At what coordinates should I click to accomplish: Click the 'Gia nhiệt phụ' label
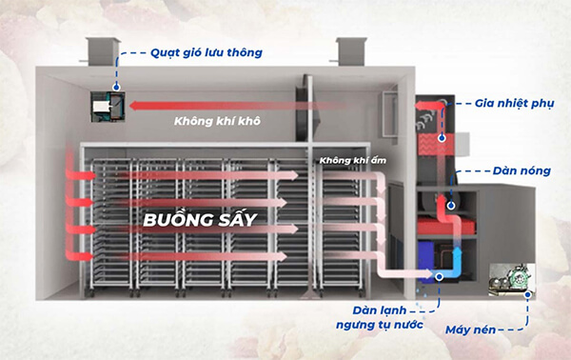point(511,100)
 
